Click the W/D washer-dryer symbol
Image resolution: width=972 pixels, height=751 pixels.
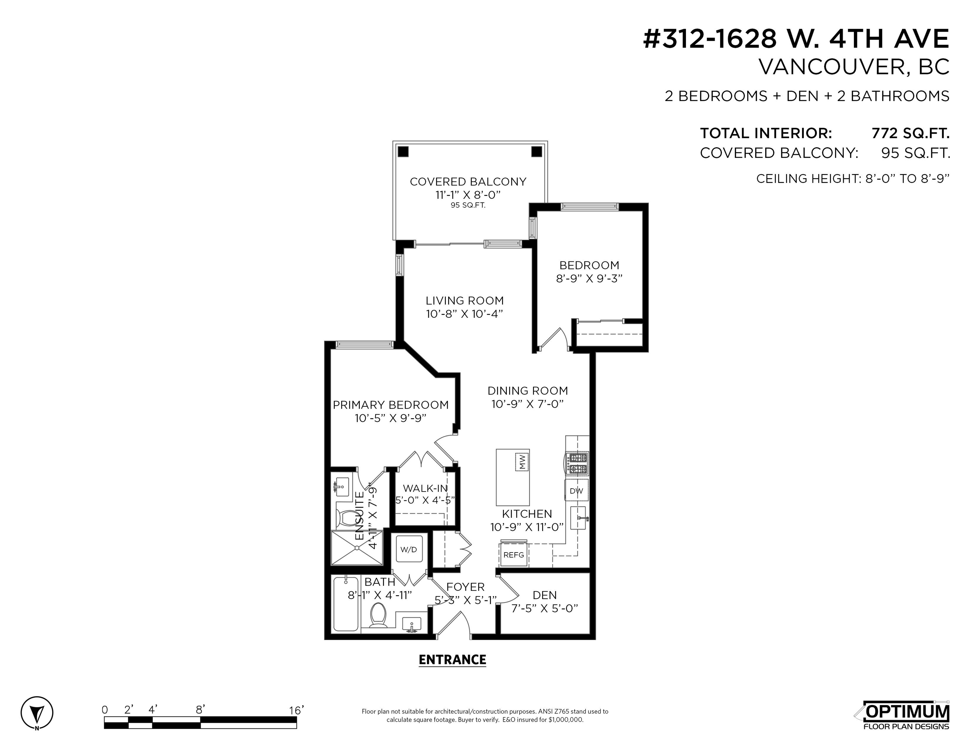(409, 549)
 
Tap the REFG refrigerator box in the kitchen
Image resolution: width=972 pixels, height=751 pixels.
(514, 554)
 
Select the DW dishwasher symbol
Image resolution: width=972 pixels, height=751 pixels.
(576, 491)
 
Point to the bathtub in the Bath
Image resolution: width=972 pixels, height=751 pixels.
(346, 604)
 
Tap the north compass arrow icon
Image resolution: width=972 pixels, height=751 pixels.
(37, 713)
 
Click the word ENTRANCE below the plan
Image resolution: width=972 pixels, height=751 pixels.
(452, 659)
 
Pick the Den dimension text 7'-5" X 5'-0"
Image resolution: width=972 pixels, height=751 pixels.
(544, 608)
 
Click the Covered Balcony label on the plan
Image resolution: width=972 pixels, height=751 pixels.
(468, 182)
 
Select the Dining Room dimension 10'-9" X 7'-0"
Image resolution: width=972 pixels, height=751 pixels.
(527, 404)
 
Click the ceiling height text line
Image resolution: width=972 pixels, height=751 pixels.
(853, 178)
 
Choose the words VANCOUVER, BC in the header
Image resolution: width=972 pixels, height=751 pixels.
(854, 67)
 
